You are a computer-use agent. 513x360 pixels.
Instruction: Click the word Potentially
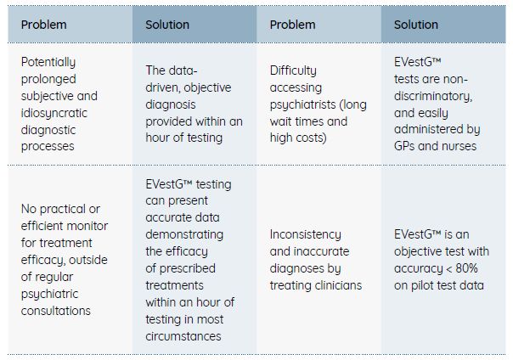pos(48,62)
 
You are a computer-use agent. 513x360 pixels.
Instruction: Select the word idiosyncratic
pos(54,113)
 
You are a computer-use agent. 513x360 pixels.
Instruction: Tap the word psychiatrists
pos(302,104)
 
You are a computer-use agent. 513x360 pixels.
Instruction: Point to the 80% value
pos(466,268)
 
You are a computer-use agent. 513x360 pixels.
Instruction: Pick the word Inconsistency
pos(305,234)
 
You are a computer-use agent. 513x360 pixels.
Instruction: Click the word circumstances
pos(183,336)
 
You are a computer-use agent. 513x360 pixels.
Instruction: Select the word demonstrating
pos(184,234)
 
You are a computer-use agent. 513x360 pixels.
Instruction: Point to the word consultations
pos(55,311)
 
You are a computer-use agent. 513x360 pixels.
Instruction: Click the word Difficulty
pos(293,70)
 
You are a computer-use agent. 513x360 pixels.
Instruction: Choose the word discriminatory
pos(433,96)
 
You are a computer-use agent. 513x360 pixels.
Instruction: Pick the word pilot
pos(420,285)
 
